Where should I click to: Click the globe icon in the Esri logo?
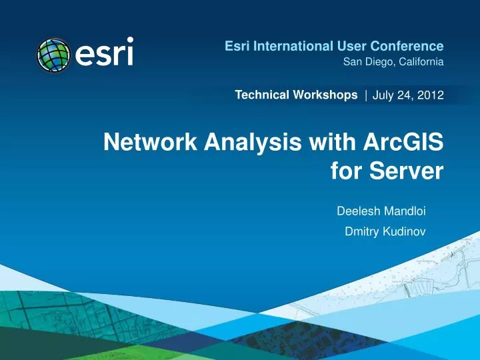53,53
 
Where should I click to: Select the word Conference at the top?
408,46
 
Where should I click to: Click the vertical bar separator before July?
366,96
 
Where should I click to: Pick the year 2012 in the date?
430,96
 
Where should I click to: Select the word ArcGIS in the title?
401,142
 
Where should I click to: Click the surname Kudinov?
403,232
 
